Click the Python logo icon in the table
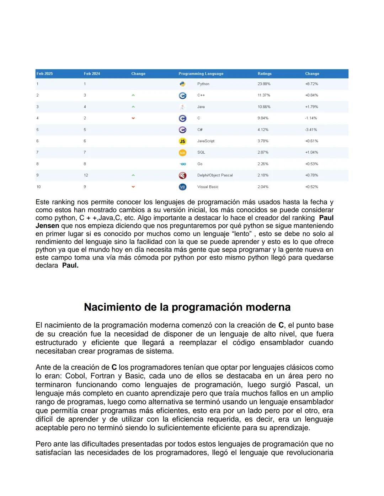pyautogui.click(x=182, y=84)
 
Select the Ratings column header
pyautogui.click(x=265, y=74)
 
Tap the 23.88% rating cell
pyautogui.click(x=264, y=84)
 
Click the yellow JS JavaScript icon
pyautogui.click(x=182, y=141)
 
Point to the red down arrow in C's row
pyautogui.click(x=133, y=118)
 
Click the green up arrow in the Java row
pyautogui.click(x=133, y=107)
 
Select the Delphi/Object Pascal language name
pyautogui.click(x=215, y=175)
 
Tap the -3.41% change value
pyautogui.click(x=311, y=130)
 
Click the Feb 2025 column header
pyautogui.click(x=45, y=74)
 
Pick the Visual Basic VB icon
pyautogui.click(x=182, y=187)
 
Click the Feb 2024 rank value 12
pyautogui.click(x=86, y=175)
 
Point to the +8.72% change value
pyautogui.click(x=311, y=84)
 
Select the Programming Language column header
pyautogui.click(x=201, y=74)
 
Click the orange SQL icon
pyautogui.click(x=182, y=153)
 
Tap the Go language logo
pyautogui.click(x=183, y=164)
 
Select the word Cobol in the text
pyautogui.click(x=75, y=376)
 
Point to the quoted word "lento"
pyautogui.click(x=242, y=234)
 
